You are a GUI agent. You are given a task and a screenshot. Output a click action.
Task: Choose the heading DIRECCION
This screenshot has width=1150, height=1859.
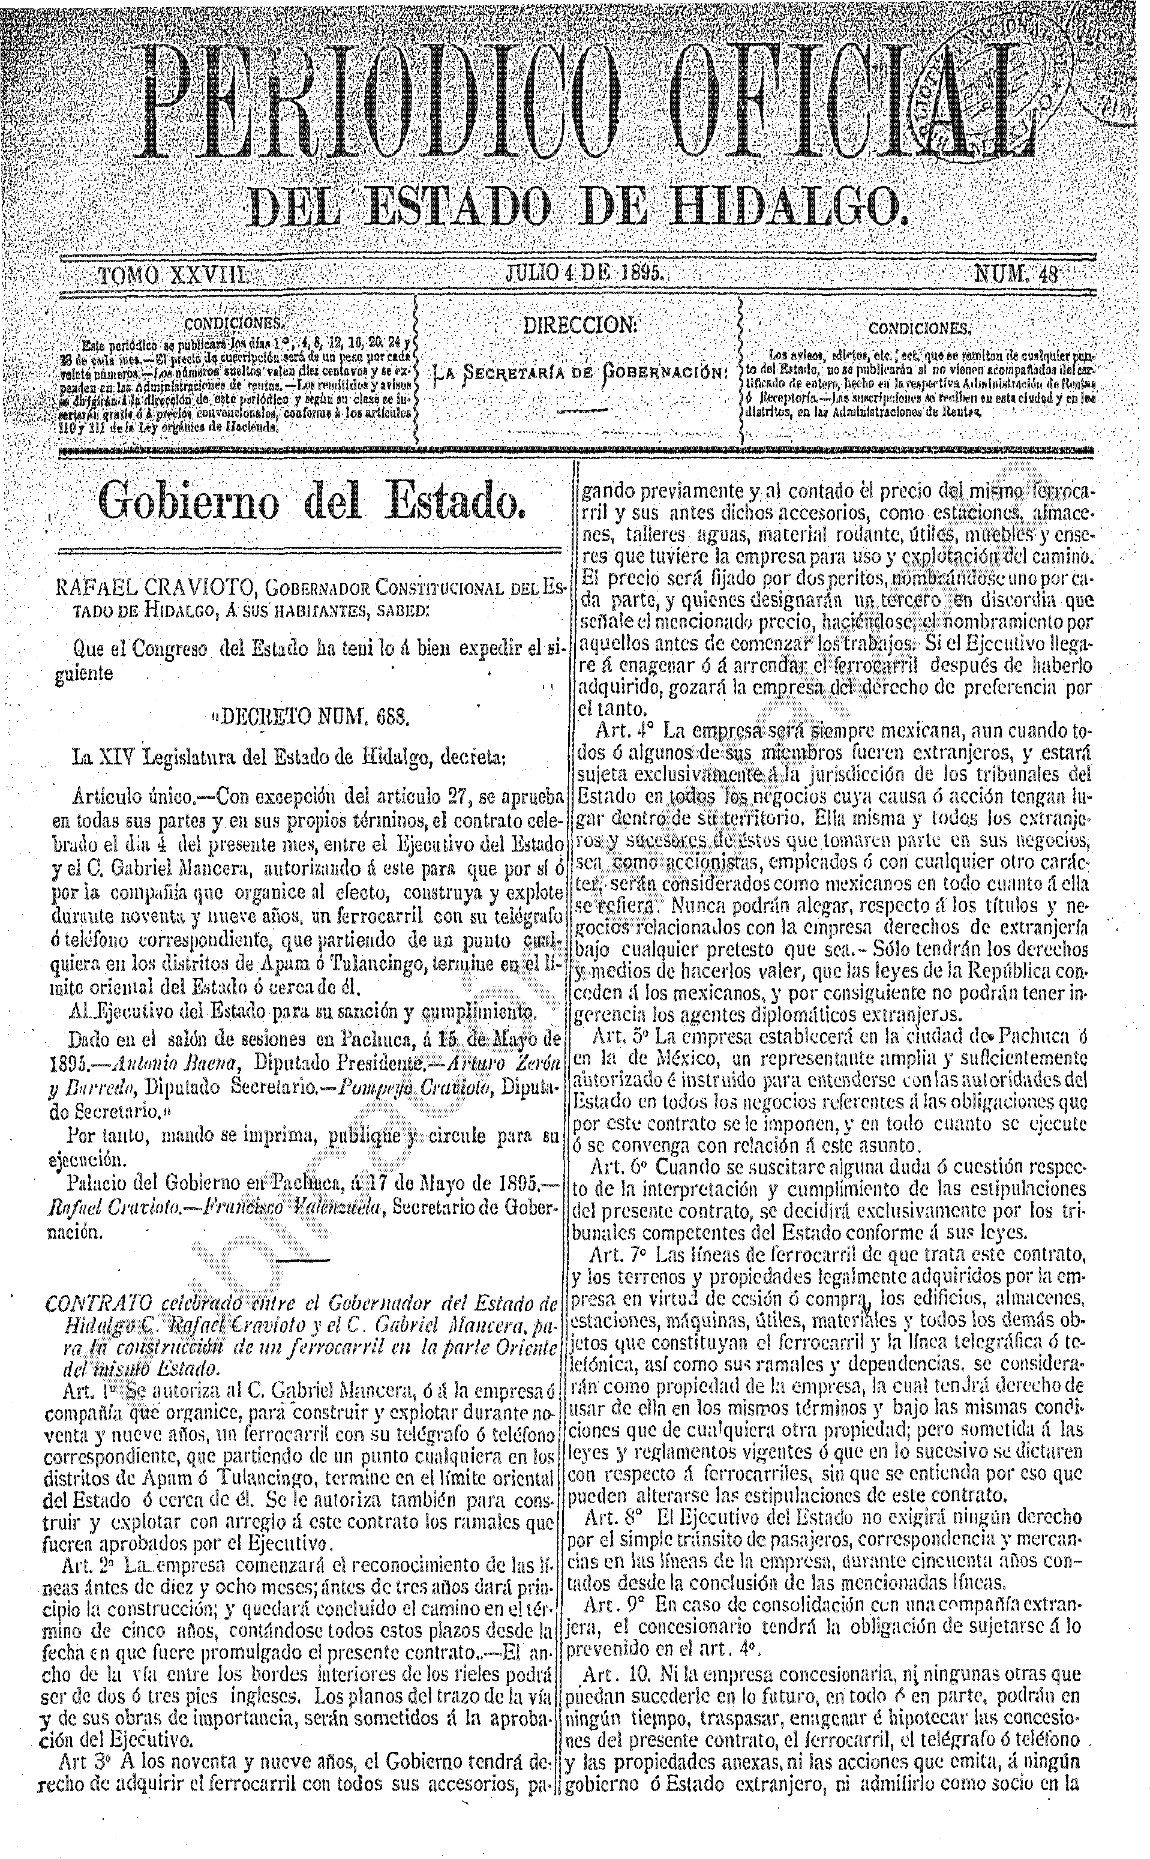click(x=579, y=326)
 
